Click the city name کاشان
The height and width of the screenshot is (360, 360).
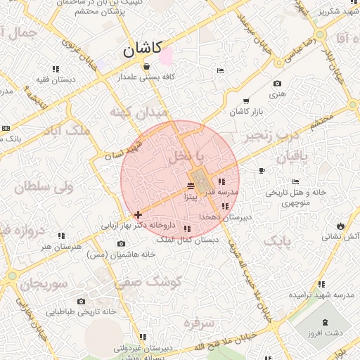tap(143, 49)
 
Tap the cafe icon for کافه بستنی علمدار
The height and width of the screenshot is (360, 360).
tap(146, 67)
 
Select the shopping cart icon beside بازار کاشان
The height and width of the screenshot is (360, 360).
tap(245, 101)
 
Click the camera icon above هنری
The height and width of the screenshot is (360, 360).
tap(277, 84)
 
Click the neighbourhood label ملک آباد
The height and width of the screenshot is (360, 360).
tap(66, 131)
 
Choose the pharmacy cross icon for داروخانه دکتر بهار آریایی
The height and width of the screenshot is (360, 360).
tap(138, 214)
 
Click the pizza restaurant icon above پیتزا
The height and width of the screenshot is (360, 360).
tap(191, 186)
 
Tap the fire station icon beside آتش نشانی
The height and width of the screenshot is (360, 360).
tap(340, 226)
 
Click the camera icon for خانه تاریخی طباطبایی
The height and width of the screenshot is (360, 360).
tap(81, 301)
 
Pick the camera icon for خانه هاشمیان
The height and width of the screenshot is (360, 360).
tap(121, 243)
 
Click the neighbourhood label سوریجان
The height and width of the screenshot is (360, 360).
tap(43, 283)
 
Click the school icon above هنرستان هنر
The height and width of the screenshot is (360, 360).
tap(61, 236)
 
